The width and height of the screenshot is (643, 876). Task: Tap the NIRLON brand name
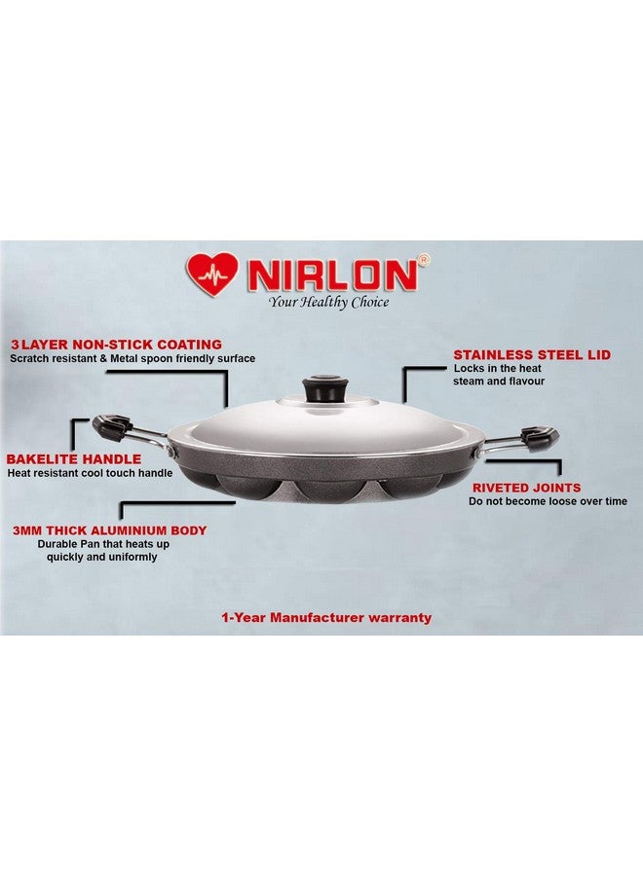[x=332, y=276]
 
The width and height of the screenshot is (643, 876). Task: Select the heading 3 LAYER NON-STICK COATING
[x=116, y=345]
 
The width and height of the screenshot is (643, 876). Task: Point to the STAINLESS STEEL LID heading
[x=532, y=355]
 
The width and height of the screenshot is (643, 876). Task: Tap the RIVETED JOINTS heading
[x=526, y=488]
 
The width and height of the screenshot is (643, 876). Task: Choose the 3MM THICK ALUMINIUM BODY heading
[x=109, y=530]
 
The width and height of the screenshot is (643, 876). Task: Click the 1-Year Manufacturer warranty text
[x=326, y=617]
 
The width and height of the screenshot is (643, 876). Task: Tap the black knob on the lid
[x=318, y=389]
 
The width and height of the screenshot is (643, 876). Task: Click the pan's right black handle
[x=538, y=437]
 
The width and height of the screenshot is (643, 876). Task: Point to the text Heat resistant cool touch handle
[x=90, y=473]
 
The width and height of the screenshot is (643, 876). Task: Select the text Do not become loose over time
[x=548, y=501]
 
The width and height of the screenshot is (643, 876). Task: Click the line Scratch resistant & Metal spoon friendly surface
[x=132, y=358]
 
